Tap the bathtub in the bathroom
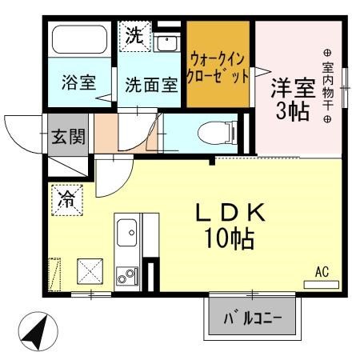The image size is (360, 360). pos(78,41)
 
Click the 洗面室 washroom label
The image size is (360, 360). pos(150,86)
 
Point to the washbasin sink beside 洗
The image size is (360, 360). pos(167,43)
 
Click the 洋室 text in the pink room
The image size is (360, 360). pos(292,86)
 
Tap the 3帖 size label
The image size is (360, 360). pos(292,111)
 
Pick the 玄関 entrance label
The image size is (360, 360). pos(69,137)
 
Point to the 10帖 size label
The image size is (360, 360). pos(231,238)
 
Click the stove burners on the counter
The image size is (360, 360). pos(126,277)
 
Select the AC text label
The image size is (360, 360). pos(321,272)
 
